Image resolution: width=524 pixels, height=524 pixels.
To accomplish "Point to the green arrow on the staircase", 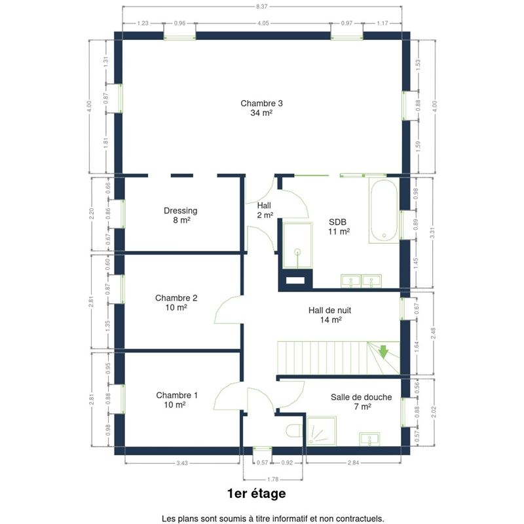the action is [383, 352].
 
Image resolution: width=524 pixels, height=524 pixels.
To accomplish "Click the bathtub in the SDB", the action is [384, 210].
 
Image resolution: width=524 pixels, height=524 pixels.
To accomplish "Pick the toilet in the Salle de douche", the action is [293, 431].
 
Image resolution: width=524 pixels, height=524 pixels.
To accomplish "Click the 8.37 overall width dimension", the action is [261, 7].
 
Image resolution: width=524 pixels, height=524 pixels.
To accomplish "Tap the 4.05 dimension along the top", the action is [263, 24].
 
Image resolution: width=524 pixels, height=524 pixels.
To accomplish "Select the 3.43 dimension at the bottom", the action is [182, 463].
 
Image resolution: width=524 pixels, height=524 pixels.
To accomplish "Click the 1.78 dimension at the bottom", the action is [273, 479].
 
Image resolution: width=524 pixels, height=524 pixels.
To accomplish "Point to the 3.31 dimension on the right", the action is [433, 233].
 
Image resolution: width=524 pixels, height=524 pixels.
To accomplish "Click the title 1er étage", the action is [257, 494].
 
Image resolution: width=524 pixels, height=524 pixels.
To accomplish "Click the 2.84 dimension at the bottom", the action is [353, 463].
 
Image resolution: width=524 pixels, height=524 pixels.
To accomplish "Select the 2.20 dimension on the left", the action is [92, 214].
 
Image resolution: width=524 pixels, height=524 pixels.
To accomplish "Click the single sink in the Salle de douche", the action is [369, 439].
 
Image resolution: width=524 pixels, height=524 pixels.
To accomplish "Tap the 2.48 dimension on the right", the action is [434, 333].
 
